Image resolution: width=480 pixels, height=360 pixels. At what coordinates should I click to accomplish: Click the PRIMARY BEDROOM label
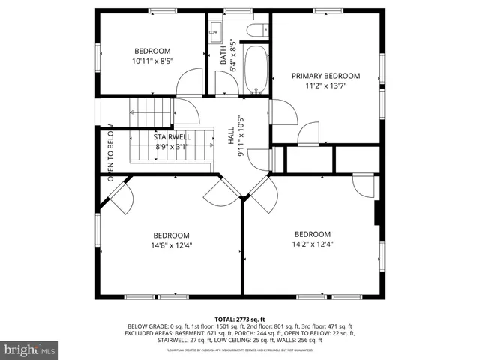tap(325, 76)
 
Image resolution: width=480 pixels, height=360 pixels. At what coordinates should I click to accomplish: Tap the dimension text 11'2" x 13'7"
tap(325, 85)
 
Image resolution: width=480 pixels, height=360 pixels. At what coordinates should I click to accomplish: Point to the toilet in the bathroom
tap(257, 31)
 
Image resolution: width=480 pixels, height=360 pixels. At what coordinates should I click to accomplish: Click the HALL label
tap(231, 136)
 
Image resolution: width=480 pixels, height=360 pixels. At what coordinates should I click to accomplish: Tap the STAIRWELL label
tap(172, 137)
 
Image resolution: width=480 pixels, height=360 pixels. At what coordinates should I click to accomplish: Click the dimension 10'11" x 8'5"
tap(153, 61)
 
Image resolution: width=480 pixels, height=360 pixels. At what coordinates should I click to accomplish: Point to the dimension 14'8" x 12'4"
tap(172, 244)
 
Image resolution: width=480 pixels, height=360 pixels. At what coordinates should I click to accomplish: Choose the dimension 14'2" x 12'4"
tap(312, 243)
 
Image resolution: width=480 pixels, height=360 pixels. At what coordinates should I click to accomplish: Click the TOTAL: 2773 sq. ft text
tap(240, 319)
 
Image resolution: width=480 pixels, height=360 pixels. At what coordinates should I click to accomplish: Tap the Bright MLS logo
tap(30, 349)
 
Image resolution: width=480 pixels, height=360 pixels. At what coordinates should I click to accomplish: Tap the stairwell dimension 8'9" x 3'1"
tap(172, 147)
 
